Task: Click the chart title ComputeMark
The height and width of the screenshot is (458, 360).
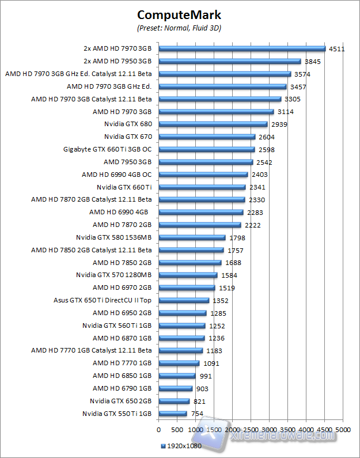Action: tap(179, 15)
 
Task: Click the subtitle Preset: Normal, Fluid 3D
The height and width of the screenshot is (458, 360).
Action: tap(179, 28)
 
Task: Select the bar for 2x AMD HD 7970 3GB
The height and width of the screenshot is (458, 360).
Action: tap(242, 49)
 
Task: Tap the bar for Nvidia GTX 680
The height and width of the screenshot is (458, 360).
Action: tap(213, 124)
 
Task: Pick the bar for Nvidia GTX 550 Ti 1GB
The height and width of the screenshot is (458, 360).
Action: tap(173, 413)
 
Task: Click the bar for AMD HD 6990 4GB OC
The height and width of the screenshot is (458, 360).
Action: tap(203, 175)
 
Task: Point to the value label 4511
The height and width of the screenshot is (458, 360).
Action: tap(337, 49)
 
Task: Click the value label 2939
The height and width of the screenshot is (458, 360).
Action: tap(279, 124)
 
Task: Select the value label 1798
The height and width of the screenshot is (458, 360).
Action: tap(237, 237)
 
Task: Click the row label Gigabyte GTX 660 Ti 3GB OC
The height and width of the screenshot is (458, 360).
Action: tap(107, 149)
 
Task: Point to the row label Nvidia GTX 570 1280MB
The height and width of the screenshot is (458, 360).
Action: tap(113, 275)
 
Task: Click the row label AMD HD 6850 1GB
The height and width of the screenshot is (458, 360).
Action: tap(122, 376)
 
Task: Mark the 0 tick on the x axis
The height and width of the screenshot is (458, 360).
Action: tap(158, 430)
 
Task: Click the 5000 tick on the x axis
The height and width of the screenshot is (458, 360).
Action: tap(343, 430)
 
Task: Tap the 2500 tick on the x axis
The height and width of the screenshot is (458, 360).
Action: tap(251, 430)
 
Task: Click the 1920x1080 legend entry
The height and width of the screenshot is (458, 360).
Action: tap(181, 446)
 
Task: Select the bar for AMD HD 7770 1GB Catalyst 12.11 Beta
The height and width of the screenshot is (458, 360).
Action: tap(181, 350)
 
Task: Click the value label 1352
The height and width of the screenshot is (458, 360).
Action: tap(221, 300)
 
